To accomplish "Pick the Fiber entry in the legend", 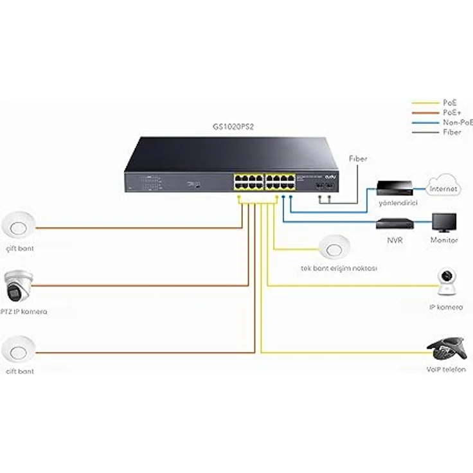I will pos(451,131).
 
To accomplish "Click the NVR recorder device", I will pos(393,224).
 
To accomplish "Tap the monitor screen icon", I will pos(444,223).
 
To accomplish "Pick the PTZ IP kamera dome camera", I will pos(17,287).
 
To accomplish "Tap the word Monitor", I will pos(444,240).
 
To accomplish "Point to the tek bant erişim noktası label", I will pos(339,267).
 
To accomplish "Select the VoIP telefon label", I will pos(445,370).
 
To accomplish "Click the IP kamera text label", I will pos(445,307).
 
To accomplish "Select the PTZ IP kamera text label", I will pos(24,312).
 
